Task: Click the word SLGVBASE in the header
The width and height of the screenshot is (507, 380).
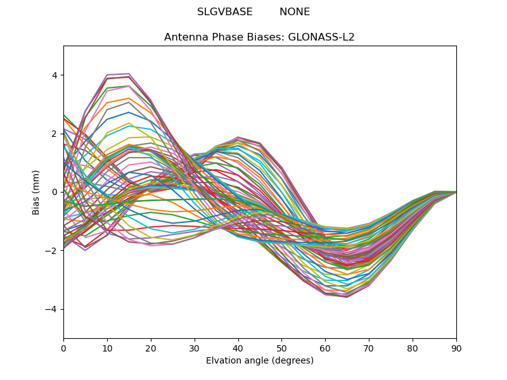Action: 225,12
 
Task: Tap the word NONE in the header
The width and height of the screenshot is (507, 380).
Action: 295,12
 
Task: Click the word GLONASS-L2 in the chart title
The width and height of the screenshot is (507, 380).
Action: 321,37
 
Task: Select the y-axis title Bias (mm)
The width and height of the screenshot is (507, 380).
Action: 37,192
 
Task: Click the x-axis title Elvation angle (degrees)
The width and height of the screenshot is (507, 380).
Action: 260,361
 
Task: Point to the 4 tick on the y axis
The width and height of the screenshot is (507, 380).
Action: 55,75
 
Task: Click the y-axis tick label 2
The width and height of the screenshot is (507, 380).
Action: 55,134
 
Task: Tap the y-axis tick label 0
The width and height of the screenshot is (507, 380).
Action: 55,192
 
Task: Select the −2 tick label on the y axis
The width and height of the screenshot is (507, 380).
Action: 52,250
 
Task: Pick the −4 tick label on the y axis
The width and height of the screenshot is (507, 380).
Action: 52,309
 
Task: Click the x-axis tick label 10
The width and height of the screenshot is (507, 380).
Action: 107,348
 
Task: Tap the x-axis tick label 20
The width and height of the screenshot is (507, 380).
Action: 151,348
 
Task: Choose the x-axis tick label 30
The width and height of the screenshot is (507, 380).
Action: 195,348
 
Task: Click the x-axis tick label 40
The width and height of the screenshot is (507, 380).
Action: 238,348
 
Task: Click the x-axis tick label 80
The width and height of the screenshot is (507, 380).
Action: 413,348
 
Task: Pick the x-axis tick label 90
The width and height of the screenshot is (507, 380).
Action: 456,348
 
